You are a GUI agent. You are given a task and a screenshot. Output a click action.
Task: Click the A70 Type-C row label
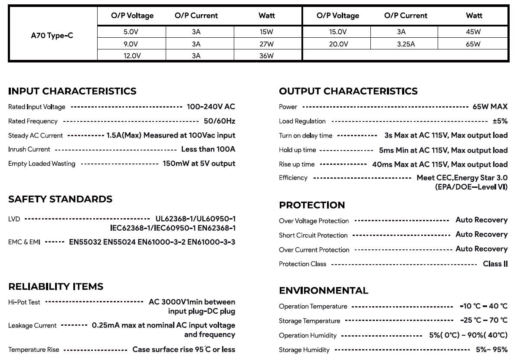tap(52, 36)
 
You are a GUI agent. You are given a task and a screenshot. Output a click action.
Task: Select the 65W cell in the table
tap(473, 44)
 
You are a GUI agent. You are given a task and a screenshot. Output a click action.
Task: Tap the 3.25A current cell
tap(406, 44)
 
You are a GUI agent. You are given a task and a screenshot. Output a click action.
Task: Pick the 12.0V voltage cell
tap(131, 56)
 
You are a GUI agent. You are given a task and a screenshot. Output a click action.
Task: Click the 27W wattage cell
tap(267, 44)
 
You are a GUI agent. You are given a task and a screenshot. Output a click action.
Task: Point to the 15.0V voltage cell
tap(337, 32)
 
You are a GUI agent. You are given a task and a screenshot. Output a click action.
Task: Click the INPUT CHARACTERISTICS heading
tap(72, 91)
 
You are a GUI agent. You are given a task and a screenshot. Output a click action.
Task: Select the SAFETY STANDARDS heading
tap(60, 199)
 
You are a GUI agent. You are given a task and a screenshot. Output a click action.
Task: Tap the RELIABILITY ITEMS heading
tap(56, 287)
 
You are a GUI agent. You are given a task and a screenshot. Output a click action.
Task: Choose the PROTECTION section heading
tap(312, 205)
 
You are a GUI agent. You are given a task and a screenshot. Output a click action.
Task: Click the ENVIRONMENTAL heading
tap(324, 291)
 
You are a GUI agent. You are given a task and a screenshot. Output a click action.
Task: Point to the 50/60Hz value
tap(219, 121)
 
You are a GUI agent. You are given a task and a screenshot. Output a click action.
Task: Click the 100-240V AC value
tap(211, 107)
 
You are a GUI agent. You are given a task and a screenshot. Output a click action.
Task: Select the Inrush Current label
tap(29, 149)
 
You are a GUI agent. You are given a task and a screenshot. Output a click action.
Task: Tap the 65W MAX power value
tap(490, 107)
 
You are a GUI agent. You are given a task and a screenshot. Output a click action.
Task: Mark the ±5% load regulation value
tap(500, 121)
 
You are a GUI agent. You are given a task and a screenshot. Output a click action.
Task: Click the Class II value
tap(495, 264)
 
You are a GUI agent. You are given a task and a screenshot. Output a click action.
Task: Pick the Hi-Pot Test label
tap(24, 302)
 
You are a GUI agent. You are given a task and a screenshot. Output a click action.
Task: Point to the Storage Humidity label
tap(304, 350)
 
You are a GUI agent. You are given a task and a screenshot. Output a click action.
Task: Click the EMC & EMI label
tap(24, 242)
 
